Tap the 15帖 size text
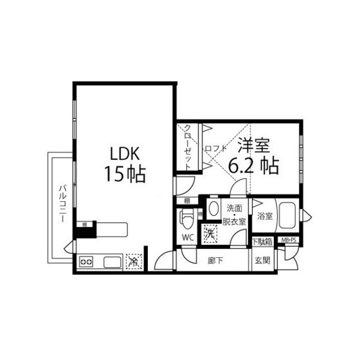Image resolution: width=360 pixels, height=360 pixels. pyautogui.click(x=125, y=173)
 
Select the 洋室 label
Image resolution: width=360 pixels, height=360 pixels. pyautogui.click(x=254, y=146)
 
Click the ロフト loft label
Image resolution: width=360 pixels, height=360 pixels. pyautogui.click(x=215, y=149)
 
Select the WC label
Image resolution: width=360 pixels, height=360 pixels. pyautogui.click(x=187, y=237)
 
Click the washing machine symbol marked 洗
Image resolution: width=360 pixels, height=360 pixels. pyautogui.click(x=210, y=233)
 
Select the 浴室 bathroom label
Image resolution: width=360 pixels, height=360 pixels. pyautogui.click(x=264, y=216)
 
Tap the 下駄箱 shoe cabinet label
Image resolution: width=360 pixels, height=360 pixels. pyautogui.click(x=261, y=242)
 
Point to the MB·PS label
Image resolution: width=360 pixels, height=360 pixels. pyautogui.click(x=289, y=242)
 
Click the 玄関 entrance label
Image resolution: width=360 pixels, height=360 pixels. pyautogui.click(x=262, y=260)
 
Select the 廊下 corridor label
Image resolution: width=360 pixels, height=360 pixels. pyautogui.click(x=216, y=260)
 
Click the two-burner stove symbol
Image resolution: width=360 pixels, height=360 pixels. pyautogui.click(x=87, y=262)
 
